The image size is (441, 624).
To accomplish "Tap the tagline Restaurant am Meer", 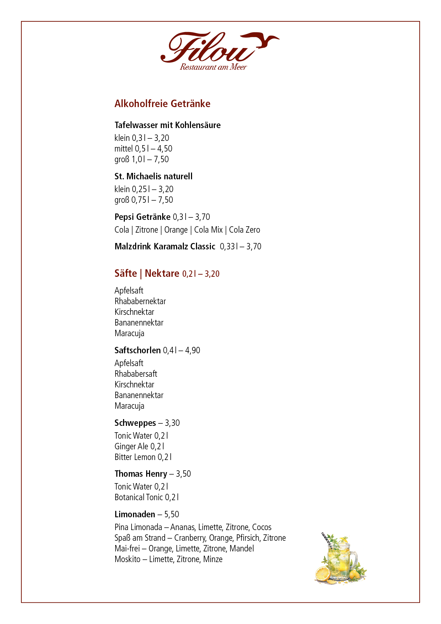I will click(x=213, y=67).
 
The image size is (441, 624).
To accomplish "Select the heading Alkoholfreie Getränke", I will click(x=162, y=104).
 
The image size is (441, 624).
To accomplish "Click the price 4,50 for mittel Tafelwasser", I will click(x=165, y=149).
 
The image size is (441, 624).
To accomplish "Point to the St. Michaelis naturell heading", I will click(x=153, y=176).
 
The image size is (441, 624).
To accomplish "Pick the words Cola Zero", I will click(x=244, y=230).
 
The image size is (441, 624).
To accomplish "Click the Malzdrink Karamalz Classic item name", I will click(x=165, y=247).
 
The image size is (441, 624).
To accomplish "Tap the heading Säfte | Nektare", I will click(x=147, y=274).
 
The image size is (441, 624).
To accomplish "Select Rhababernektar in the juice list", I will click(x=140, y=301).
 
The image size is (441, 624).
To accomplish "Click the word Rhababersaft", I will click(x=136, y=374).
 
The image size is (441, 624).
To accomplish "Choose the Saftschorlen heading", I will click(x=137, y=350).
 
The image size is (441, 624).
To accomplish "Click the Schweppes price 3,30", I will click(x=172, y=423).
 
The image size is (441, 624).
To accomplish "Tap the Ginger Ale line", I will click(x=139, y=446).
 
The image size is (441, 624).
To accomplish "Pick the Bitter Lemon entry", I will click(x=143, y=457).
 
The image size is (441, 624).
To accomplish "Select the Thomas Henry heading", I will click(x=140, y=474).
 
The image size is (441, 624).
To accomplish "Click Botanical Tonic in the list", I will click(x=146, y=497).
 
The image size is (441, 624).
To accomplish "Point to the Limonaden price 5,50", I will click(x=171, y=514).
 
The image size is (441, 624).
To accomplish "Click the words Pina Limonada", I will click(x=138, y=527).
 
